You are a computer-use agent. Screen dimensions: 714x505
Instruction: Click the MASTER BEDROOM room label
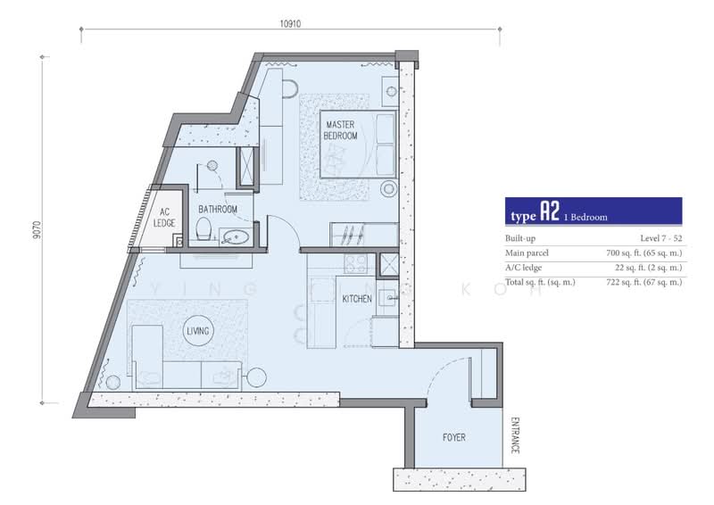pyautogui.click(x=340, y=130)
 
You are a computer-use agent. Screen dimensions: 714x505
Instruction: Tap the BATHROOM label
pyautogui.click(x=218, y=210)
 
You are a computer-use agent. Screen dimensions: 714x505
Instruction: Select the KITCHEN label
pyautogui.click(x=357, y=299)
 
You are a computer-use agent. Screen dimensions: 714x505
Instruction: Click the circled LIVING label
pyautogui.click(x=197, y=331)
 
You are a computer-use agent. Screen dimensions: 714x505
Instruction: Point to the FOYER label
pyautogui.click(x=454, y=437)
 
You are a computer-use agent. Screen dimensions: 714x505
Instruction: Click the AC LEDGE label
pyautogui.click(x=164, y=217)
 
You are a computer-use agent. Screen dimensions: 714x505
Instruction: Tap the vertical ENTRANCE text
pyautogui.click(x=515, y=435)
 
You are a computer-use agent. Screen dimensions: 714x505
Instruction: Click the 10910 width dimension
pyautogui.click(x=290, y=24)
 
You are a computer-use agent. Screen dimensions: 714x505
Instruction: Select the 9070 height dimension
pyautogui.click(x=37, y=230)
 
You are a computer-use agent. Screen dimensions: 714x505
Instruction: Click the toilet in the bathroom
pyautogui.click(x=203, y=228)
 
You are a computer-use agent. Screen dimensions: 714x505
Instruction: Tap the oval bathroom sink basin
pyautogui.click(x=236, y=236)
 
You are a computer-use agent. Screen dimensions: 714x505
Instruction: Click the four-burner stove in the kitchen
pyautogui.click(x=355, y=263)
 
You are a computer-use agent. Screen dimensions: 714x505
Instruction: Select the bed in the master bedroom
pyautogui.click(x=358, y=144)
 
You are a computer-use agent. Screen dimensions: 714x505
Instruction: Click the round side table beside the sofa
pyautogui.click(x=256, y=377)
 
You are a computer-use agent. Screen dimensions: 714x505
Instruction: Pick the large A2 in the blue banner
pyautogui.click(x=549, y=211)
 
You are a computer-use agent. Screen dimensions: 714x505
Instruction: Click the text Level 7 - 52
pyautogui.click(x=661, y=238)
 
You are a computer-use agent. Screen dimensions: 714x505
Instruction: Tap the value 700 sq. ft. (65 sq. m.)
pyautogui.click(x=643, y=252)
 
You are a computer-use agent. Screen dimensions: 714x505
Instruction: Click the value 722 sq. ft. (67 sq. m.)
pyautogui.click(x=643, y=282)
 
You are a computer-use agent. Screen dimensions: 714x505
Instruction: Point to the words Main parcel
pyautogui.click(x=527, y=252)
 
